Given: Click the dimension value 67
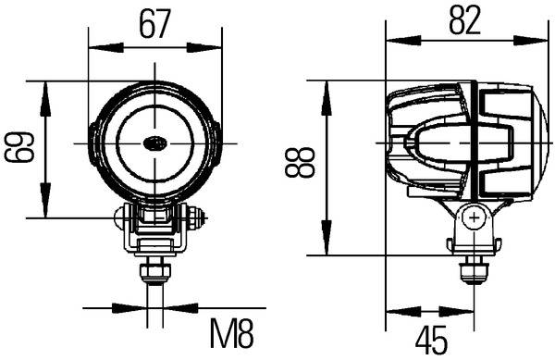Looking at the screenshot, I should pyautogui.click(x=154, y=24).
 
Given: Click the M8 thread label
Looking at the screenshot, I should pyautogui.click(x=231, y=332).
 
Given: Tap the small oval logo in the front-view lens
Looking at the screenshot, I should pyautogui.click(x=154, y=143).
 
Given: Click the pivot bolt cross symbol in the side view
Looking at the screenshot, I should pyautogui.click(x=475, y=219).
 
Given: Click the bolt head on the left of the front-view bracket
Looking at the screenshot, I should pyautogui.click(x=120, y=218).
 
